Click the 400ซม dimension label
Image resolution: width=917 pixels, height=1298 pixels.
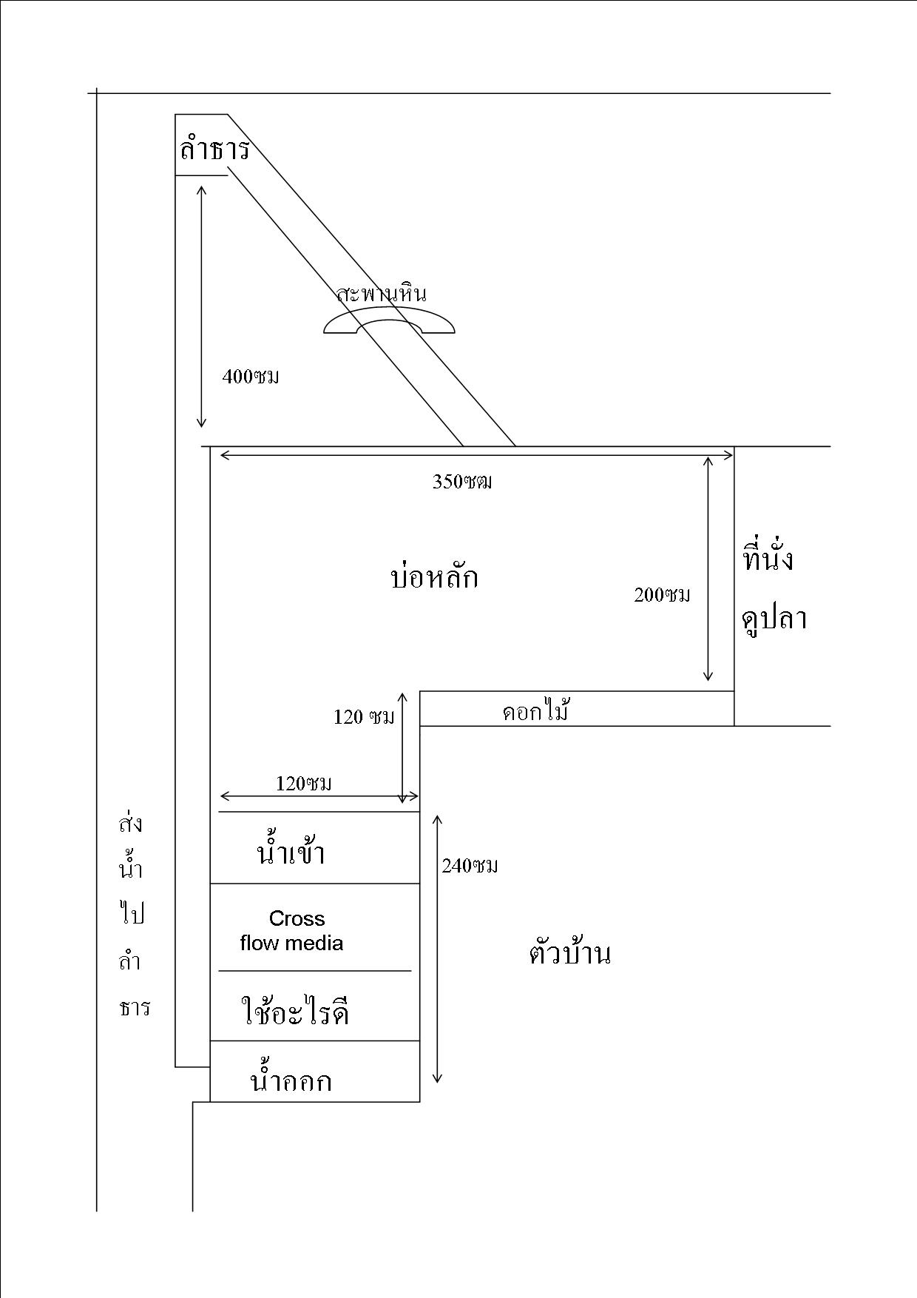point(251,377)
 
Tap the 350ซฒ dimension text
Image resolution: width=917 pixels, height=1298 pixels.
point(462,482)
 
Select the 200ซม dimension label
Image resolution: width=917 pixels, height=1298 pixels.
point(662,595)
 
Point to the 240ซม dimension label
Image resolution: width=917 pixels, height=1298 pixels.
point(470,866)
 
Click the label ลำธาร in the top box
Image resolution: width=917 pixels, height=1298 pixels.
point(214,150)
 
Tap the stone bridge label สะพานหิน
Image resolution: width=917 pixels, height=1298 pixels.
point(382,294)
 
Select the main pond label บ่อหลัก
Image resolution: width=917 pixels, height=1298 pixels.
point(434,576)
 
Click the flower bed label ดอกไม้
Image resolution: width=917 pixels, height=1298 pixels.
point(535,711)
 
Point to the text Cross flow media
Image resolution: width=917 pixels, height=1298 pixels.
point(293,931)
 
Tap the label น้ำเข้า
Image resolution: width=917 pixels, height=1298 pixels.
point(291,853)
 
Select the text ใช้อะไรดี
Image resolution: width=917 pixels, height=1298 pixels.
point(295,1011)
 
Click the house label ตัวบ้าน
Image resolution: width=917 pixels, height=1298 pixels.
point(569,953)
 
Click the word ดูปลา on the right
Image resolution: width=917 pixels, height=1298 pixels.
point(774,618)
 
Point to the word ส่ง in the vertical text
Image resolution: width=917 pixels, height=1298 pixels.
point(131,824)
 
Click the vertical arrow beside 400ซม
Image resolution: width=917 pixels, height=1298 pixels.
point(201,306)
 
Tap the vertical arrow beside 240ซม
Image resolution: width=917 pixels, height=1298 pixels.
point(437,949)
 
